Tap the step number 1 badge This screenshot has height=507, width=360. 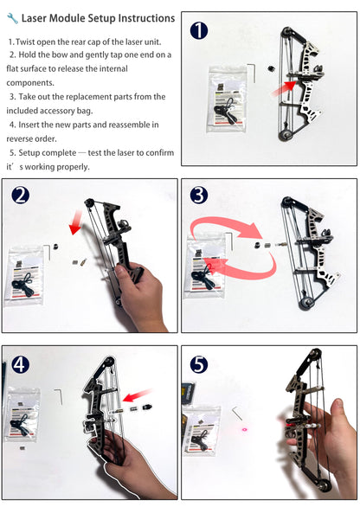point(199,32)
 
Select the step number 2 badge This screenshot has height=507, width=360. point(20,196)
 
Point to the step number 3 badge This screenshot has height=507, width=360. point(198,196)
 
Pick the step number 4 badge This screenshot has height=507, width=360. point(20,363)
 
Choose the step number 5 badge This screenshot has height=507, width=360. point(198,363)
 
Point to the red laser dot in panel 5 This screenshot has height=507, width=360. point(244,428)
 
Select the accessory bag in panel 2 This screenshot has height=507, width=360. point(26,276)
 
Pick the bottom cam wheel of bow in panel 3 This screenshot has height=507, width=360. point(305,303)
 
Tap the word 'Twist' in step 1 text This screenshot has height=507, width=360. point(28,41)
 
